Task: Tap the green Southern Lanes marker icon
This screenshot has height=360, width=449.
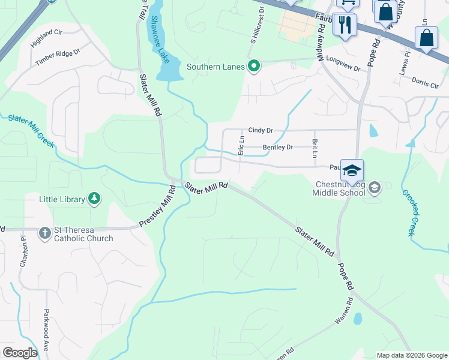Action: click(x=254, y=67)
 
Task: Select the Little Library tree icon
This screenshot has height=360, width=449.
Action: click(x=94, y=199)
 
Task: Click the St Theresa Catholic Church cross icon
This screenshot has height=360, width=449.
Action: click(x=45, y=233)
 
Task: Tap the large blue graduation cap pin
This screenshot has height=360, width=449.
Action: click(x=352, y=170)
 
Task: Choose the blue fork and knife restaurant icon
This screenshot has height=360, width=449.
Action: click(x=345, y=25)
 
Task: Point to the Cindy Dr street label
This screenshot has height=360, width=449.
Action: click(x=261, y=130)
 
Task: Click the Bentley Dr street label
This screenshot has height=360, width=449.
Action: click(x=277, y=147)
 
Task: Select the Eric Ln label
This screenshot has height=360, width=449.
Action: click(x=241, y=145)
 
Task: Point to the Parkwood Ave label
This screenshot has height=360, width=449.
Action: click(x=46, y=330)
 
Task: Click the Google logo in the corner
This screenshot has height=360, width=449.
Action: click(x=20, y=353)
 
